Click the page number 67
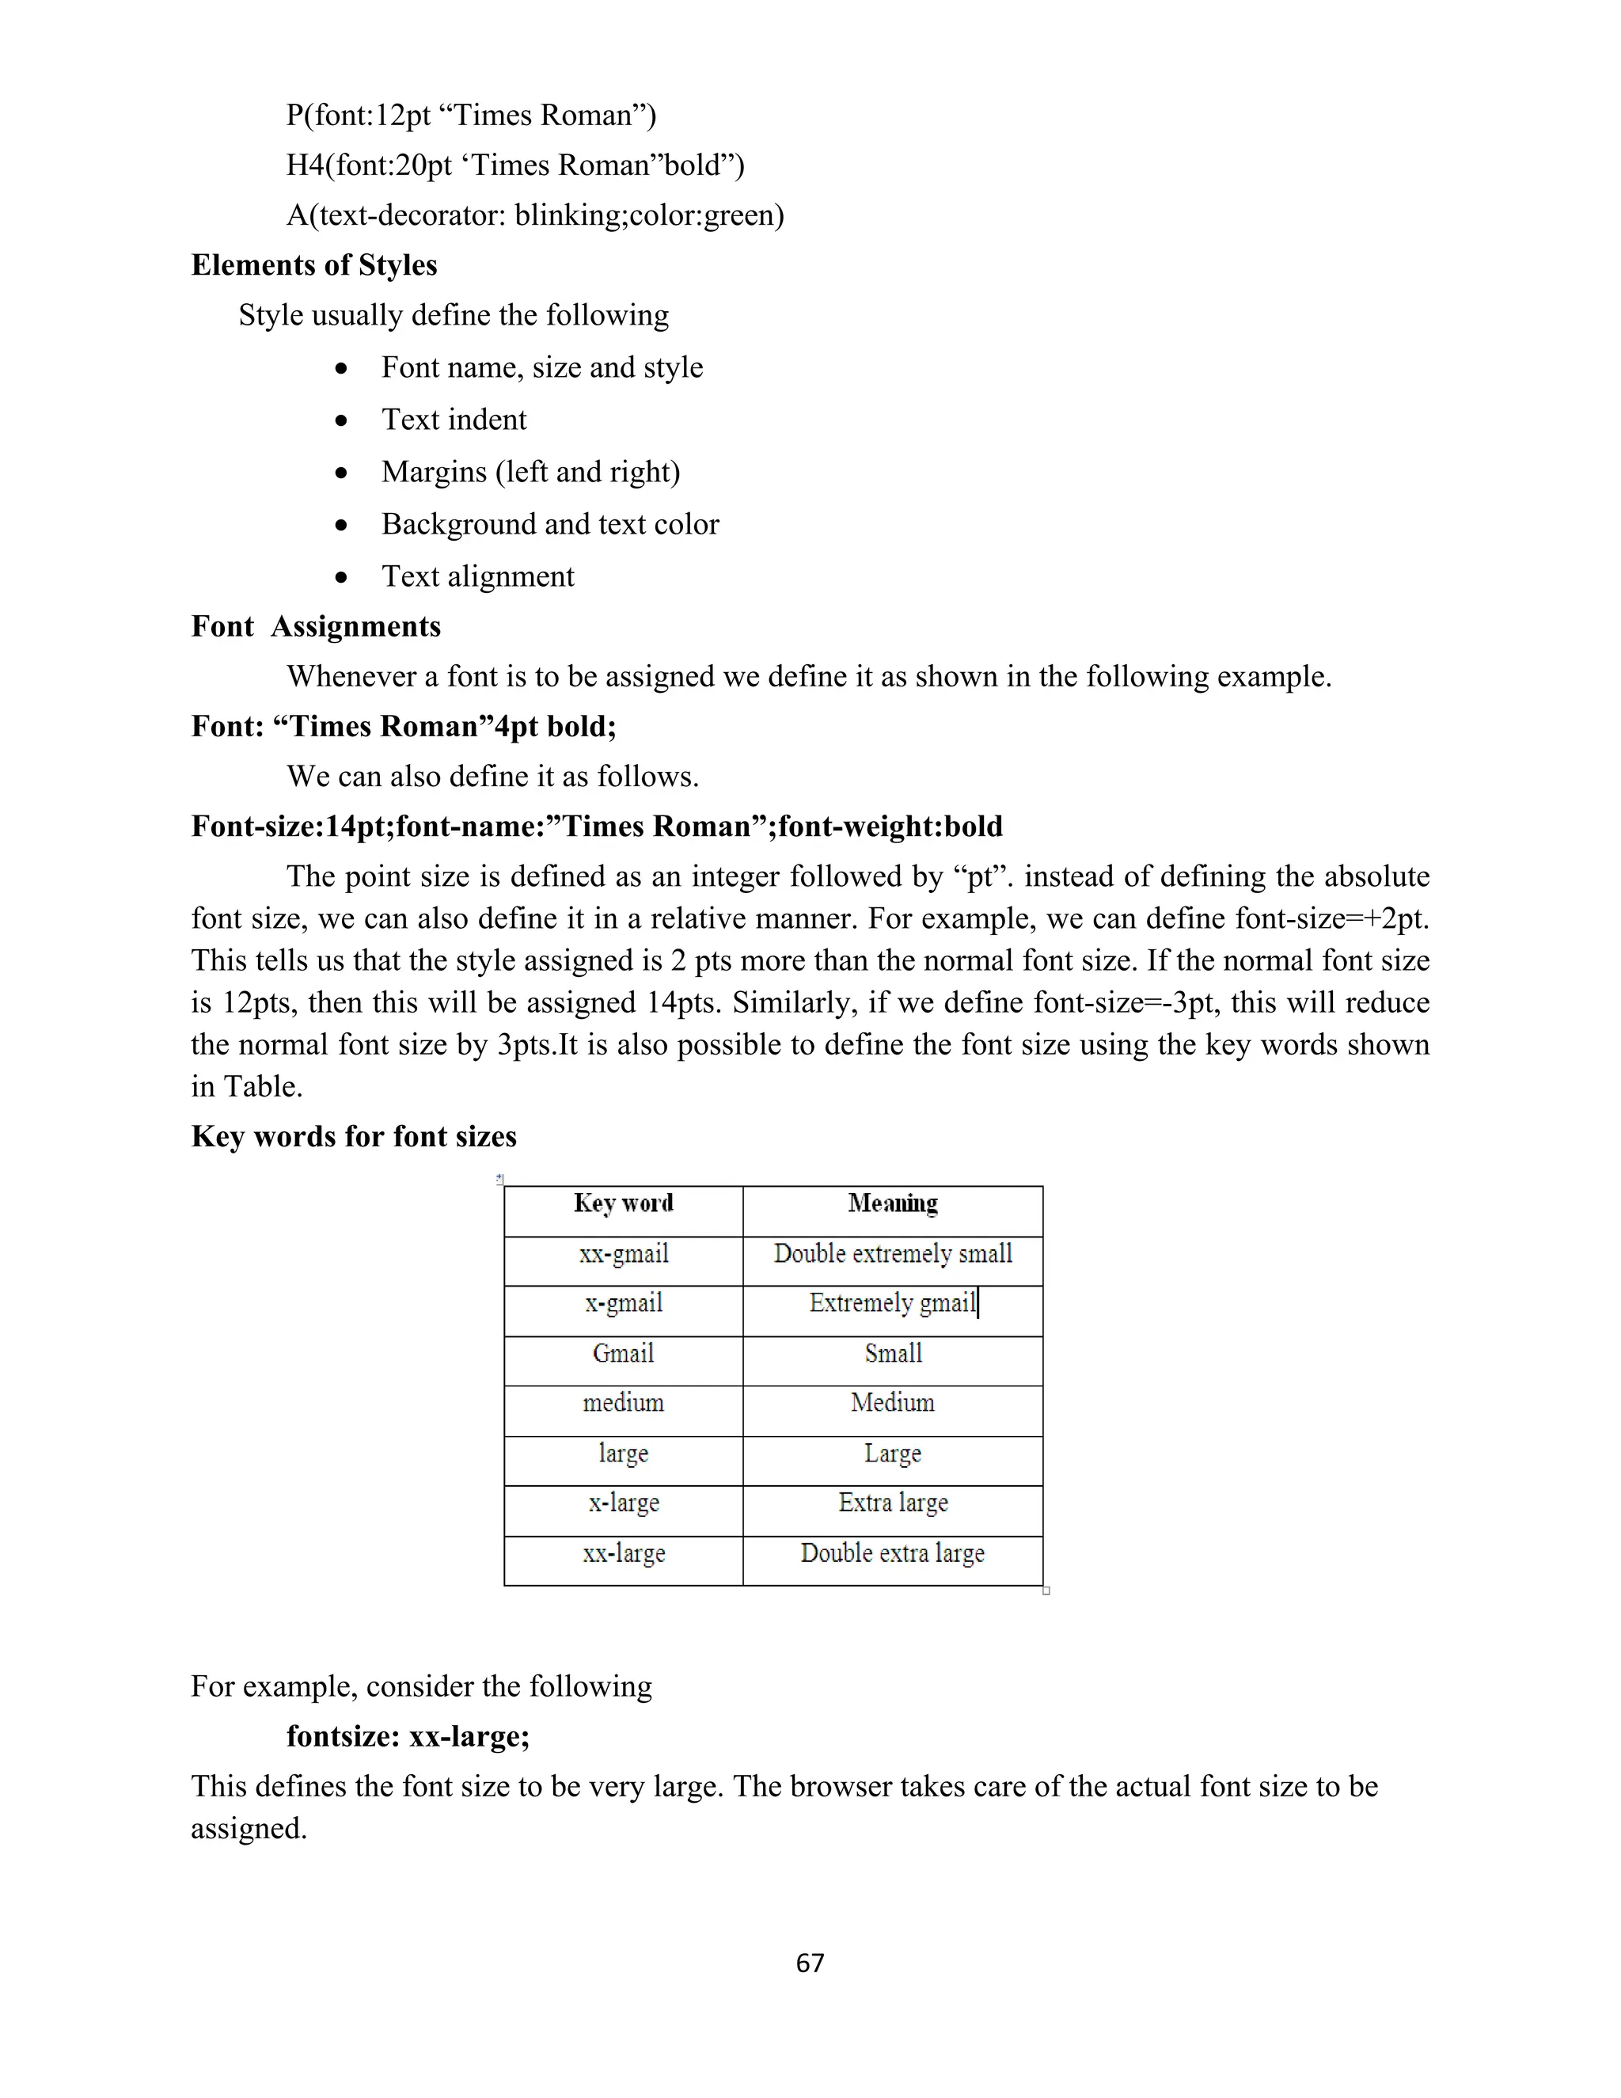pos(810,1962)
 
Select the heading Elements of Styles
pos(314,265)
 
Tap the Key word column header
pos(623,1203)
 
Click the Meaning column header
pos(892,1203)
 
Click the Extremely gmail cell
pos(892,1304)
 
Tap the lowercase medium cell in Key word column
pos(623,1404)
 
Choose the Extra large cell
pos(892,1503)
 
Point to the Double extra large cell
pos(892,1553)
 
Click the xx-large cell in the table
pos(623,1553)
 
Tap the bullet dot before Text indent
pos(341,420)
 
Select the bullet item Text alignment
pos(477,576)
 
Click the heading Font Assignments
pos(316,626)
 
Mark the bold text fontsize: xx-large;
pos(408,1737)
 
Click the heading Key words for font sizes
pos(353,1136)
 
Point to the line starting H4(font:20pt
pos(514,165)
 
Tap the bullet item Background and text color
pos(549,524)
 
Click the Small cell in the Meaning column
pos(892,1354)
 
